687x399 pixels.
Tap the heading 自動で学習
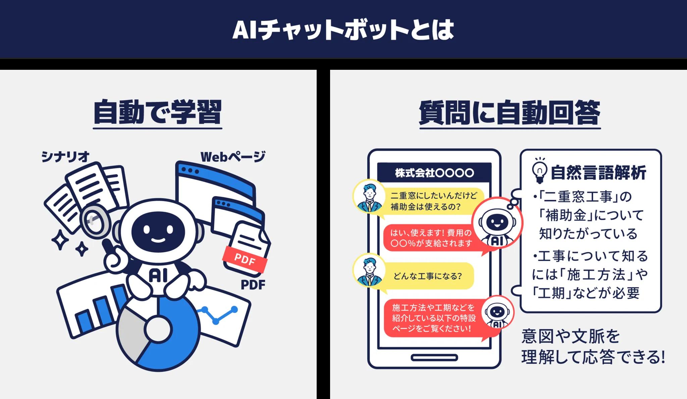pyautogui.click(x=157, y=112)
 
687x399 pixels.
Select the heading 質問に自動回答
pyautogui.click(x=510, y=112)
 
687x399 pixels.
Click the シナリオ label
pyautogui.click(x=66, y=156)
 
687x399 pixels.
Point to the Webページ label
pyautogui.click(x=233, y=157)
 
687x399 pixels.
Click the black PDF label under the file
pyautogui.click(x=253, y=285)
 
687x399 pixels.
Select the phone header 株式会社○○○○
pyautogui.click(x=434, y=173)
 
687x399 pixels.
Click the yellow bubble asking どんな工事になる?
pyautogui.click(x=428, y=276)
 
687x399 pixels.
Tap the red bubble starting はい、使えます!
pyautogui.click(x=431, y=238)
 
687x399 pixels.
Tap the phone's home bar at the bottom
pyautogui.click(x=434, y=358)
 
